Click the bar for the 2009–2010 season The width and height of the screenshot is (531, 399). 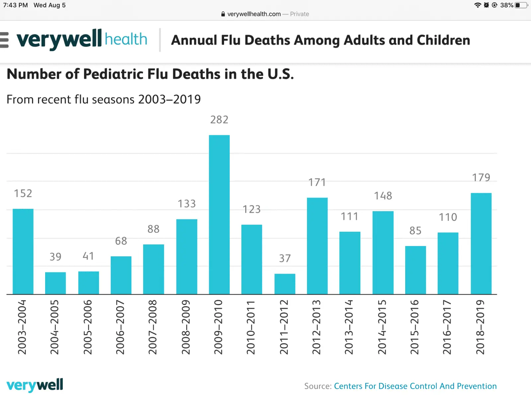(x=219, y=214)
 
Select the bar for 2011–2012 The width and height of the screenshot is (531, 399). (x=285, y=284)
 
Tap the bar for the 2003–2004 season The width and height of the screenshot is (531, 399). (x=23, y=251)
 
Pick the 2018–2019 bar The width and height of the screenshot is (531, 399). (x=481, y=243)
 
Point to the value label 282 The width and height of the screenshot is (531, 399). (x=219, y=120)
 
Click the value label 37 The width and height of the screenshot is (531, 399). (x=285, y=258)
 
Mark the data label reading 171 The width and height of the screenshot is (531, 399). (x=317, y=182)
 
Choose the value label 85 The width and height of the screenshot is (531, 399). (x=415, y=231)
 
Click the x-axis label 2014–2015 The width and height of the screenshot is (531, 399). (x=382, y=327)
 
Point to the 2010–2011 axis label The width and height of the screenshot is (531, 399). (x=251, y=327)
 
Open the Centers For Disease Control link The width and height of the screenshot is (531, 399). (x=415, y=386)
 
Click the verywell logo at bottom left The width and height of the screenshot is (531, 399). (x=35, y=385)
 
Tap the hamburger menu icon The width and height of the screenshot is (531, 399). (x=4, y=40)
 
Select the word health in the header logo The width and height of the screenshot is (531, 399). (x=126, y=39)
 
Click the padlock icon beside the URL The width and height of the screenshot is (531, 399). (x=223, y=14)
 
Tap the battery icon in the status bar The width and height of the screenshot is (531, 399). (x=521, y=5)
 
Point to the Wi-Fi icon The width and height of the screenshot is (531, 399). (x=478, y=5)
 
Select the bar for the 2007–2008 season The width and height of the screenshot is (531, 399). (x=153, y=269)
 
